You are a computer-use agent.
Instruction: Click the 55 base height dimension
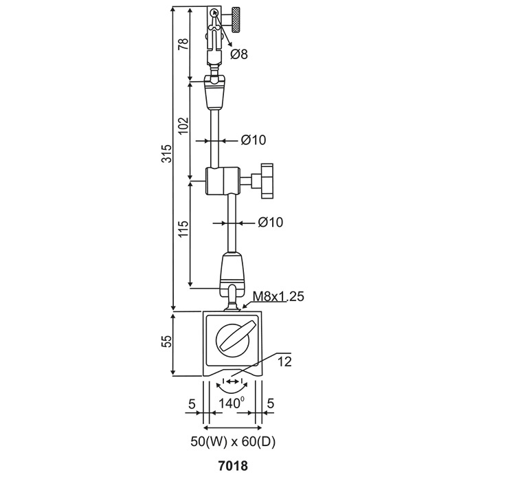click(x=166, y=344)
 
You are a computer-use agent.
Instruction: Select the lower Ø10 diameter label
click(x=270, y=223)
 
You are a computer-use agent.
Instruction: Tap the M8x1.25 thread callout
click(x=278, y=296)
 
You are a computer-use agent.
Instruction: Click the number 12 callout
click(x=285, y=360)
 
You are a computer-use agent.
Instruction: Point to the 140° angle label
click(x=232, y=402)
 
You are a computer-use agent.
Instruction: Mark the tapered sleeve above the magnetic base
click(x=232, y=269)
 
